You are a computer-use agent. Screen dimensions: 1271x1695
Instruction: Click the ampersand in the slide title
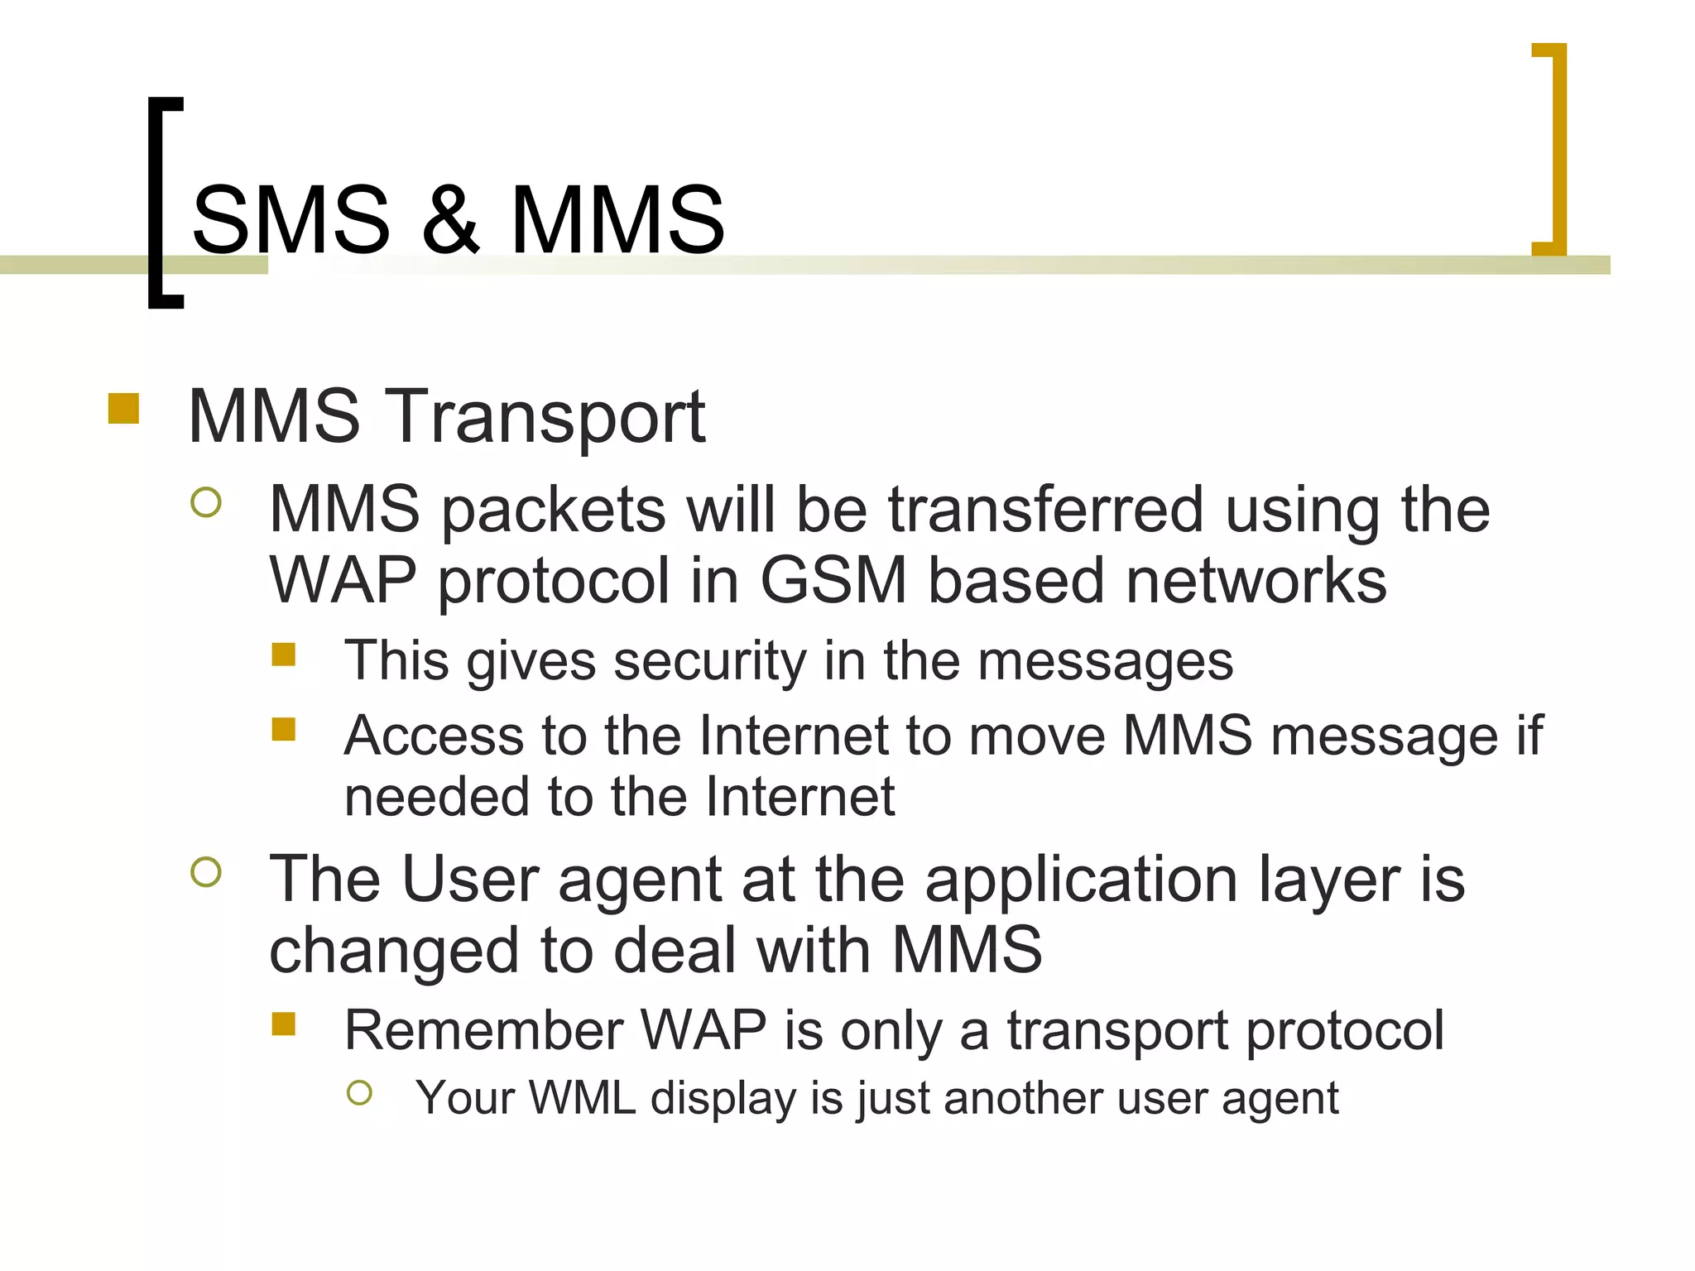click(x=449, y=220)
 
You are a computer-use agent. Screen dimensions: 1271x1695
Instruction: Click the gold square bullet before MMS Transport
click(x=123, y=409)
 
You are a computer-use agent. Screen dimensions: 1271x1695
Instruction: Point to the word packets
click(x=553, y=511)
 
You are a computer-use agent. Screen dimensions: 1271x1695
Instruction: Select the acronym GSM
click(x=833, y=580)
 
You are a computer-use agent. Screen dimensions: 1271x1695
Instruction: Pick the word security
click(x=710, y=661)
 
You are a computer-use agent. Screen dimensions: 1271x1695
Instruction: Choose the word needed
click(x=435, y=797)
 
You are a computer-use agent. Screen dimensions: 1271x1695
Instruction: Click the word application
click(x=1082, y=880)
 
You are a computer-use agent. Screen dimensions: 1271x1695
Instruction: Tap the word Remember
click(x=483, y=1031)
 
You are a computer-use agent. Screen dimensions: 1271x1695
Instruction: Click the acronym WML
click(x=582, y=1098)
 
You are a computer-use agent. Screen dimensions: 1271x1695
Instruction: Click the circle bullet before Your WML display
click(x=360, y=1093)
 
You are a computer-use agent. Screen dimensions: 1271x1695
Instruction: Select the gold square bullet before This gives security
click(x=284, y=655)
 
